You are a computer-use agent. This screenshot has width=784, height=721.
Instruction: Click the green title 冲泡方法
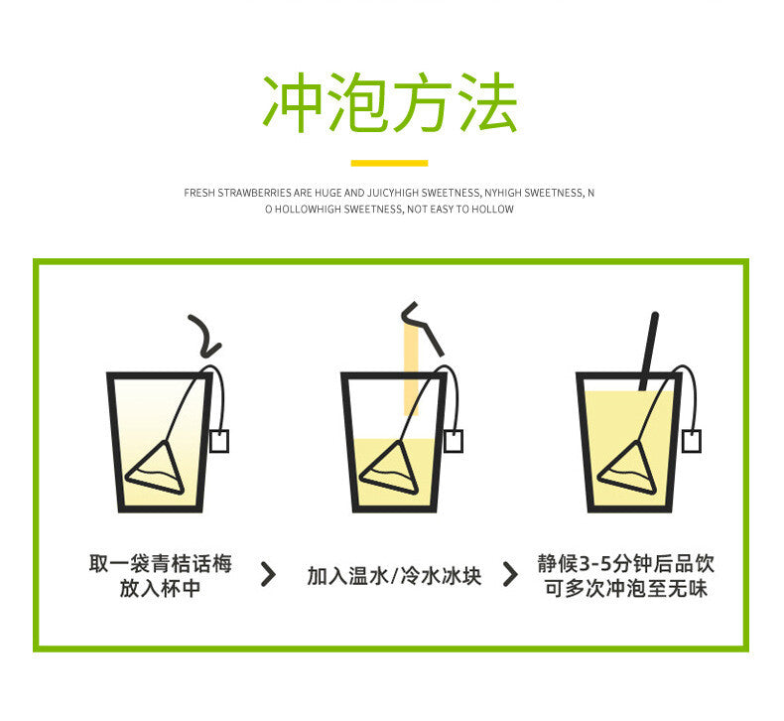[x=390, y=102]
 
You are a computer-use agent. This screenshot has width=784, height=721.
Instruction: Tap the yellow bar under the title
[x=389, y=163]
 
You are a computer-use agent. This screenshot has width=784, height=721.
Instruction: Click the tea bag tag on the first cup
[x=219, y=441]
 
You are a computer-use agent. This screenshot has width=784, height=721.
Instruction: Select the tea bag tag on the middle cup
[x=454, y=441]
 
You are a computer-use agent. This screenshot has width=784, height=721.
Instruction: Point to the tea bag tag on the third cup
[x=692, y=441]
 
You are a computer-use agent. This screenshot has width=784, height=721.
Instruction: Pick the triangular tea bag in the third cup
[x=628, y=469]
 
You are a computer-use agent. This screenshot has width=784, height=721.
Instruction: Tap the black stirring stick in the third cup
[x=649, y=351]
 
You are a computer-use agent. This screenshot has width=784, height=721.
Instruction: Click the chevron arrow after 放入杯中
[x=269, y=574]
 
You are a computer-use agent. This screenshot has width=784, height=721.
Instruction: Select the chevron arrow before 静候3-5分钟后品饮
[x=510, y=574]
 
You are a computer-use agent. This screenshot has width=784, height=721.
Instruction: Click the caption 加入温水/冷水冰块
[x=395, y=576]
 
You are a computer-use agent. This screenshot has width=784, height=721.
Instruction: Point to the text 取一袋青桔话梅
[x=161, y=563]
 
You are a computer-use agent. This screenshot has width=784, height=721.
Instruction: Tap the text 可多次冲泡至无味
[x=626, y=588]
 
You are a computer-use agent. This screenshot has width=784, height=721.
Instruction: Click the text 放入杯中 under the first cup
[x=161, y=588]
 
